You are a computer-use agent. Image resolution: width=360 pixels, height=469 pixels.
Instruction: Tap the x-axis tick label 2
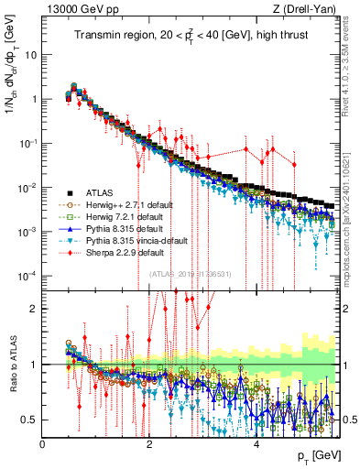(149, 442)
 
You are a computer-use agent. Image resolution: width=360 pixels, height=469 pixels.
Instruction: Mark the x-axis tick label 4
(256, 442)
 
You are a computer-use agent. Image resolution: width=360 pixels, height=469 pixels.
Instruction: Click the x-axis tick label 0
(43, 442)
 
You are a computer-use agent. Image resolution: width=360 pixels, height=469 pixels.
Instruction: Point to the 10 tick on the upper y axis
(30, 54)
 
